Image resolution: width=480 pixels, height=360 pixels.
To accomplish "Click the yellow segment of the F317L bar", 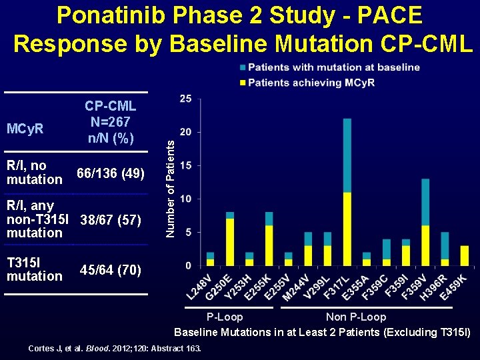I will (347, 229).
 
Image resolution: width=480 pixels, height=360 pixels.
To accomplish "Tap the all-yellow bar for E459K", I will (464, 255).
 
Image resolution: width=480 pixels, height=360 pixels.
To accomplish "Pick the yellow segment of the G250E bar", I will (230, 241).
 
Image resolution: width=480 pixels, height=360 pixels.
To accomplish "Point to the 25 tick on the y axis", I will (186, 99).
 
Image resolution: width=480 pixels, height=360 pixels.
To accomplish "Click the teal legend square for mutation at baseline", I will (242, 67).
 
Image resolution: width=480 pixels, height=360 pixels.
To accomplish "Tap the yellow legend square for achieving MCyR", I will (242, 83).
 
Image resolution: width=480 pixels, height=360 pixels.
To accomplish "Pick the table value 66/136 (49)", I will (110, 173).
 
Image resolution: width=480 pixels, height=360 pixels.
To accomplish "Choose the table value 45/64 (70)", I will (110, 270).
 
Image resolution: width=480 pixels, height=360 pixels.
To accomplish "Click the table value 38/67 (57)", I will (110, 219).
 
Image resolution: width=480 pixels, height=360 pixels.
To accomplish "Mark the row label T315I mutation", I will (34, 269).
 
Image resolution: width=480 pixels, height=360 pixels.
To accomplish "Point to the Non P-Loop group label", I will (355, 317).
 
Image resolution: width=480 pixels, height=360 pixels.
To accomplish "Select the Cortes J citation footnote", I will (114, 348).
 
